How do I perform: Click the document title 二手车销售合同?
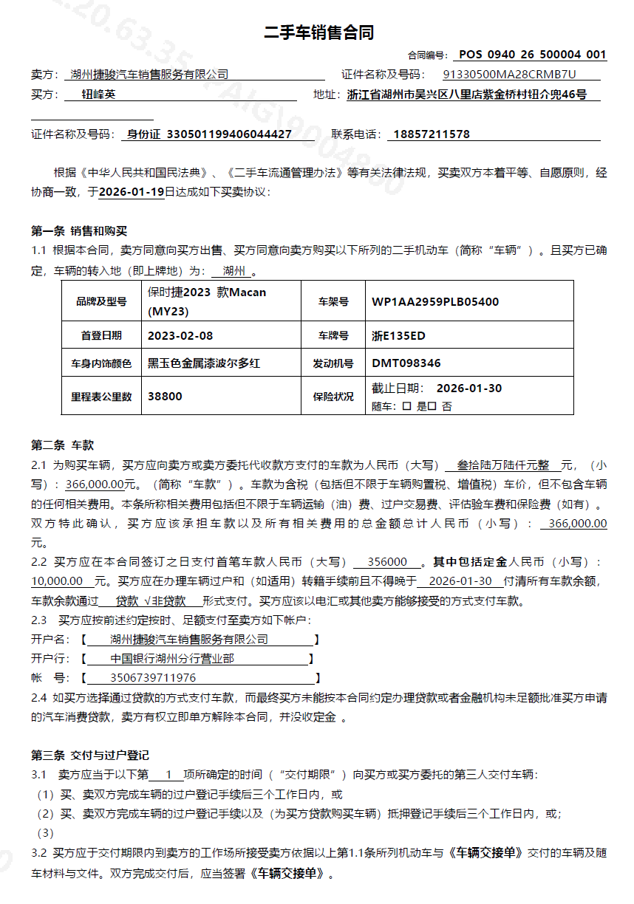point(318,32)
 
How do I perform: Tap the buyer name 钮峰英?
point(98,95)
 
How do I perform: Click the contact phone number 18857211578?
point(432,134)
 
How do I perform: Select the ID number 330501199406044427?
point(230,134)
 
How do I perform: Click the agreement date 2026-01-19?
point(132,192)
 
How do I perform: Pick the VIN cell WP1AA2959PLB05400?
point(435,301)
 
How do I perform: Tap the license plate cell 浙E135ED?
point(398,335)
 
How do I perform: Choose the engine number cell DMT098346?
point(406,363)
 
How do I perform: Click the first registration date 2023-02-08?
point(180,335)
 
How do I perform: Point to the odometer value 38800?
point(165,396)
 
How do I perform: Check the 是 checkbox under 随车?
point(406,406)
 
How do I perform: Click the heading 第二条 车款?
point(63,445)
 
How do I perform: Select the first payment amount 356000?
point(387,561)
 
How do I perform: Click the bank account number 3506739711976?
point(153,678)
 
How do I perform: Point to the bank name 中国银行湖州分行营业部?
point(172,659)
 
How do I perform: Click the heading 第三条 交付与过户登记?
point(90,756)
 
